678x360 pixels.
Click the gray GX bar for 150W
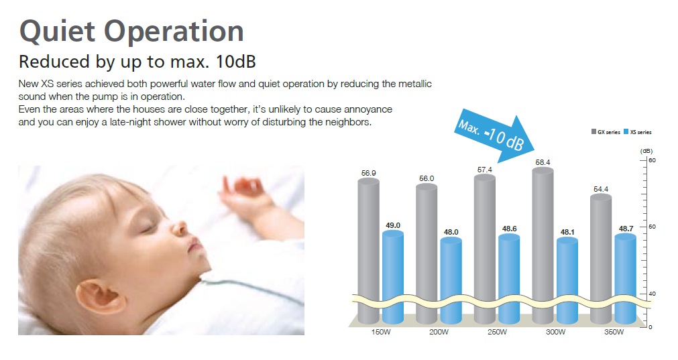368,251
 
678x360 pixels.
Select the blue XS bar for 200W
451,280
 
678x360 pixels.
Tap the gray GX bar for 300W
543,245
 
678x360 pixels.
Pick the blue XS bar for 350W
625,279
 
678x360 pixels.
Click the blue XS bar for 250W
509,279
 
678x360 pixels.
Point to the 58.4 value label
543,162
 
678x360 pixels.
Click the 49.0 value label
393,225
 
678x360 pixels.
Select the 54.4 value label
601,189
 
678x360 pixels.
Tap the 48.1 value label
567,232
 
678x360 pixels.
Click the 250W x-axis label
497,333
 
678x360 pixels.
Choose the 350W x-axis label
614,333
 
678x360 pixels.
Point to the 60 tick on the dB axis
652,160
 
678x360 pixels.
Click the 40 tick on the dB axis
652,294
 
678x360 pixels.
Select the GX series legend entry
606,132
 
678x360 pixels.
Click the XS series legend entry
638,132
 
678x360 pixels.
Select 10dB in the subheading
236,62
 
